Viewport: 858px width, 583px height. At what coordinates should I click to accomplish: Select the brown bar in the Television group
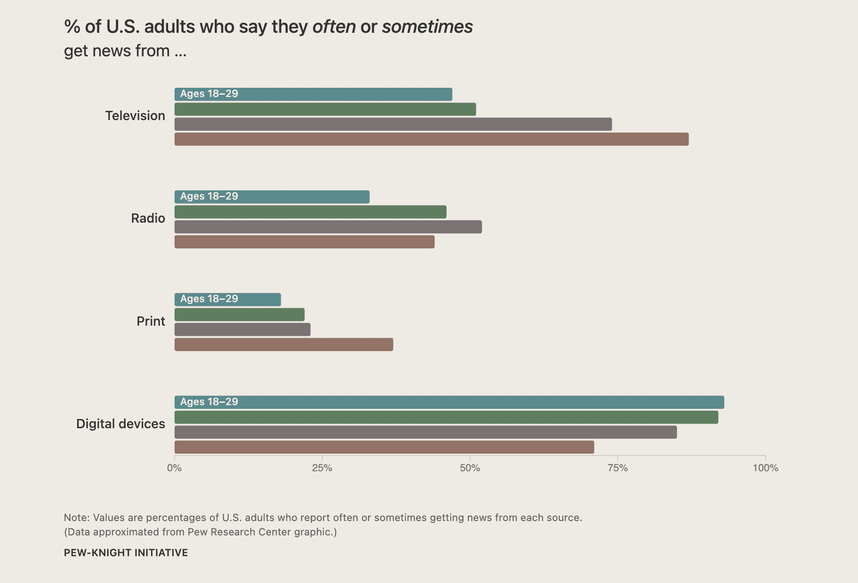click(x=431, y=139)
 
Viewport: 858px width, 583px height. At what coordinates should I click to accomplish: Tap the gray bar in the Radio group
click(x=328, y=227)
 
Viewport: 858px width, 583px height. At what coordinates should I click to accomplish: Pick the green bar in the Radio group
click(x=310, y=212)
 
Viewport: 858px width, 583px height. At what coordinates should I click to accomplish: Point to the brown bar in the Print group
click(x=284, y=345)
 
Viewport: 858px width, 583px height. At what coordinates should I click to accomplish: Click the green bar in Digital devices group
click(x=446, y=417)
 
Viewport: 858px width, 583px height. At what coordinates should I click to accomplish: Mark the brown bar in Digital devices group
click(x=384, y=447)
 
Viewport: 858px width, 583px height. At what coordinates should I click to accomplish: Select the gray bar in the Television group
click(x=393, y=124)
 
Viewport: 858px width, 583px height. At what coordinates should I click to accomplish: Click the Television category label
click(x=135, y=115)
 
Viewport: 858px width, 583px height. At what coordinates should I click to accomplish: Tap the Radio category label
click(x=148, y=218)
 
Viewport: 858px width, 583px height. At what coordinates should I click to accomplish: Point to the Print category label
click(x=151, y=321)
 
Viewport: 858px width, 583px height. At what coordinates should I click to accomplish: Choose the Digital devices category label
click(x=121, y=424)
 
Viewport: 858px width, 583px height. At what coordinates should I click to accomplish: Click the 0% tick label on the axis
click(x=174, y=468)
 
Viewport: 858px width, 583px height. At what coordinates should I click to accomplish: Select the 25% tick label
click(x=322, y=468)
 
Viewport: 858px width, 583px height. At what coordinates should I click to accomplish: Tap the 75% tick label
click(x=617, y=468)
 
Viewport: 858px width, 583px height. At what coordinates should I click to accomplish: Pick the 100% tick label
click(x=765, y=468)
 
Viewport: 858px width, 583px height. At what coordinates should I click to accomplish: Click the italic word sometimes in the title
click(x=427, y=27)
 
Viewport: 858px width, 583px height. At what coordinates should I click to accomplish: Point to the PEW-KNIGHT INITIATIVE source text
click(x=126, y=553)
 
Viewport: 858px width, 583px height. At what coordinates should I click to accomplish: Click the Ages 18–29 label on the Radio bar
click(x=209, y=196)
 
